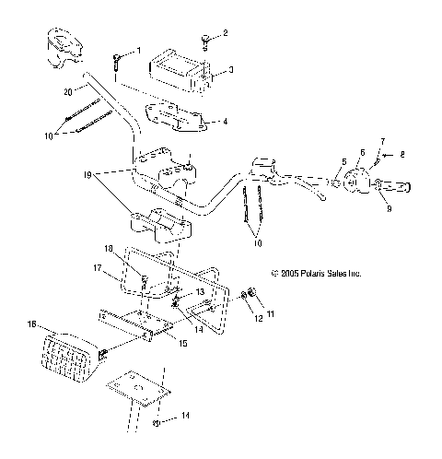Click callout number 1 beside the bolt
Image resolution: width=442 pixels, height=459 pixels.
pyautogui.click(x=139, y=50)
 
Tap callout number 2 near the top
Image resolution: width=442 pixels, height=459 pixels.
pyautogui.click(x=225, y=34)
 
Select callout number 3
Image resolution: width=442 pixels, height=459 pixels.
pyautogui.click(x=231, y=69)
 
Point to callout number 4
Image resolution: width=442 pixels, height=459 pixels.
pyautogui.click(x=226, y=120)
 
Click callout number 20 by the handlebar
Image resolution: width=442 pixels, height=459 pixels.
pyautogui.click(x=67, y=92)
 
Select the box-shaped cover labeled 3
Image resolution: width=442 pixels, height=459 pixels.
pyautogui.click(x=181, y=72)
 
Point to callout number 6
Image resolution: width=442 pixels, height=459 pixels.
pyautogui.click(x=361, y=153)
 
